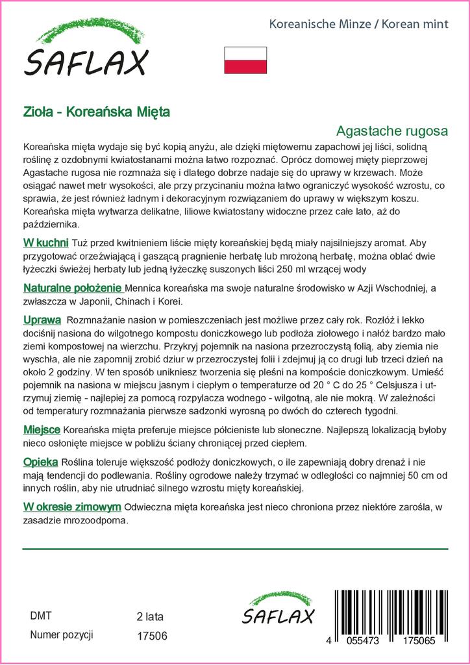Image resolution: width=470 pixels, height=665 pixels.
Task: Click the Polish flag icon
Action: coord(245,60)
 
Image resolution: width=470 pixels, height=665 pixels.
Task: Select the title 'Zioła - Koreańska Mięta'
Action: coord(96,112)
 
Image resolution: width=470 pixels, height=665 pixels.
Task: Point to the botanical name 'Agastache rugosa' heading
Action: coord(393,130)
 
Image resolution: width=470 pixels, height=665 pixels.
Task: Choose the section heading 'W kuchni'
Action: coord(45,243)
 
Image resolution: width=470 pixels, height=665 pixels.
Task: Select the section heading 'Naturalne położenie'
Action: coord(72,288)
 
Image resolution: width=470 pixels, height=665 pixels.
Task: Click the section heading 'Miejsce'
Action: coord(42,430)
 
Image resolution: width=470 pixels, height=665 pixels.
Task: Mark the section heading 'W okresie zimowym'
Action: coord(72,507)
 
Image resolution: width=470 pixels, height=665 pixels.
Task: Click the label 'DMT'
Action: coord(41,616)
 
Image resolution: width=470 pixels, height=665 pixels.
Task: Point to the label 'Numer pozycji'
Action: coord(62,634)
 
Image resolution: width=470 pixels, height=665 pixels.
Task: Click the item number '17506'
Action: coord(152,636)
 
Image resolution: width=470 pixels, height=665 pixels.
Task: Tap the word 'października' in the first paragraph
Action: coord(51,225)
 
